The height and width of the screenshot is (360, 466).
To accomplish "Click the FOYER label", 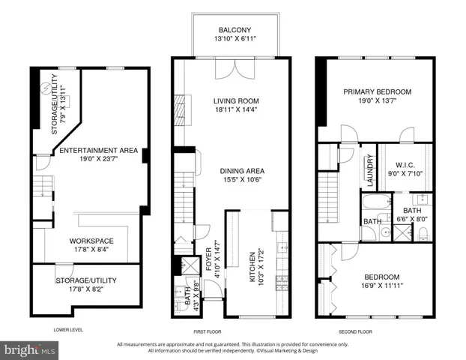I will coord(208,259).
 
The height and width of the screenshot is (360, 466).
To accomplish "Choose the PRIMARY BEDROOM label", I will coord(377,92).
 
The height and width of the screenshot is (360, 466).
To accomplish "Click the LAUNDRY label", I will coord(369,169).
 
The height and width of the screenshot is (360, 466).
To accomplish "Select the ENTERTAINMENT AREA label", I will coord(91,151).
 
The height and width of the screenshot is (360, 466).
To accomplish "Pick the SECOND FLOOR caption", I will coord(356,329).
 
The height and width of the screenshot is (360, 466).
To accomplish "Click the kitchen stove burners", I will coord(281,281).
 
